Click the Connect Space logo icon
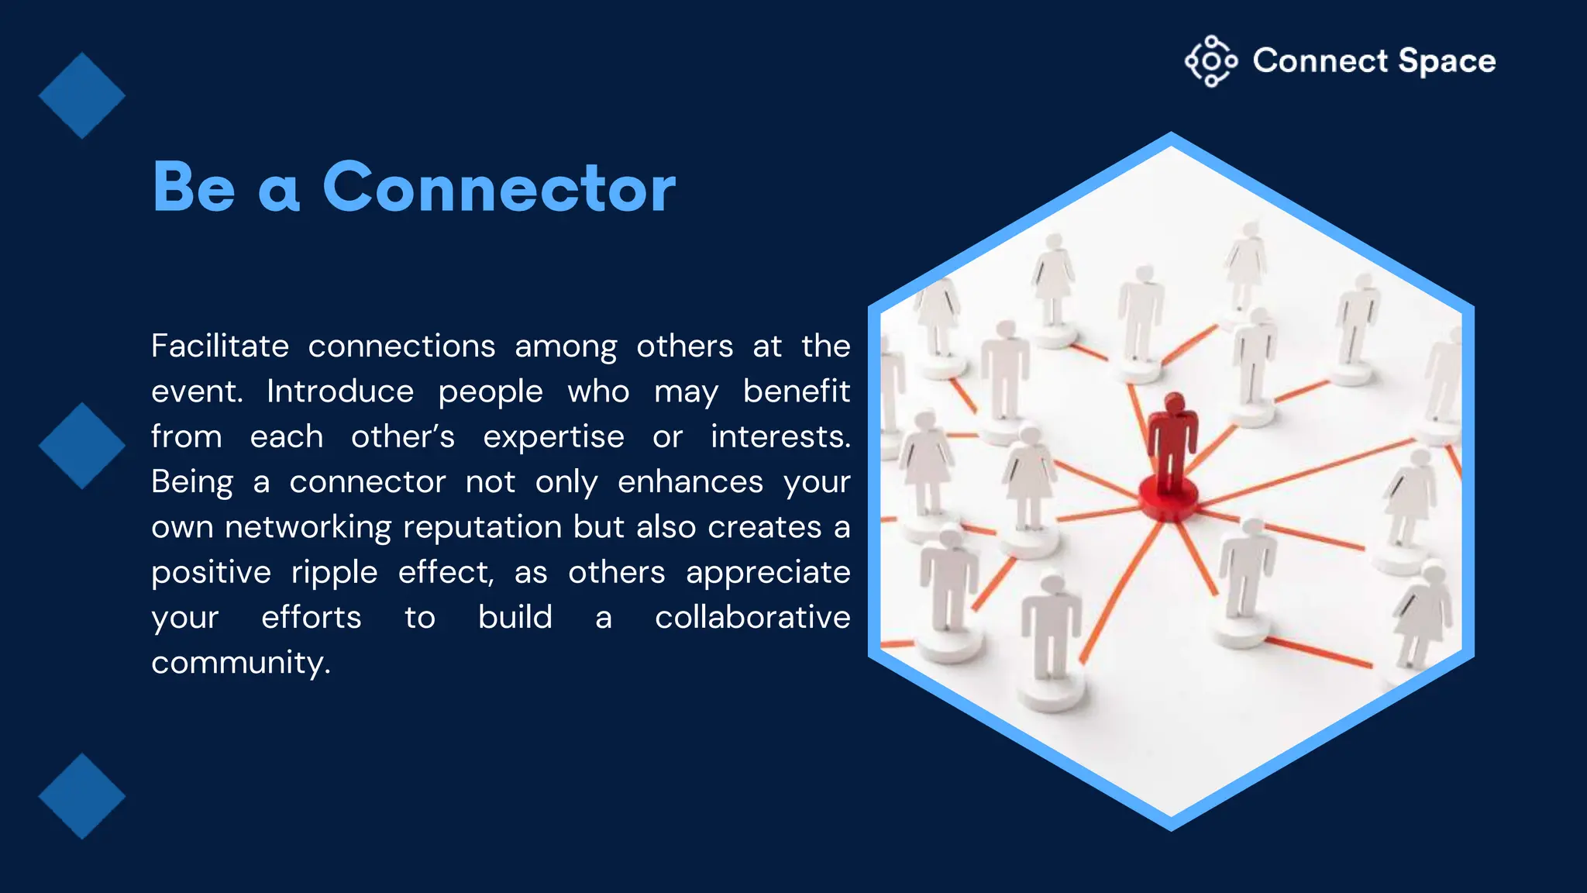[1210, 61]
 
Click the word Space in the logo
[1447, 61]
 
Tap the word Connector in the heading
[499, 188]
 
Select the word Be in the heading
[194, 188]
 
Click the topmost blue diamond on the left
[81, 95]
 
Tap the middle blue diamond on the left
[81, 446]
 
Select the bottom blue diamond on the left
[81, 796]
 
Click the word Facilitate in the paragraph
[220, 346]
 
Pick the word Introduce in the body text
[339, 391]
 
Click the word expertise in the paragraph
[553, 436]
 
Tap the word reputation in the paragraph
[482, 527]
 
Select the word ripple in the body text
[334, 573]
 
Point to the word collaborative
[752, 618]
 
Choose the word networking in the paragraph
[308, 527]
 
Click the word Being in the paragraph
[191, 482]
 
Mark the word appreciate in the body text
[768, 573]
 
